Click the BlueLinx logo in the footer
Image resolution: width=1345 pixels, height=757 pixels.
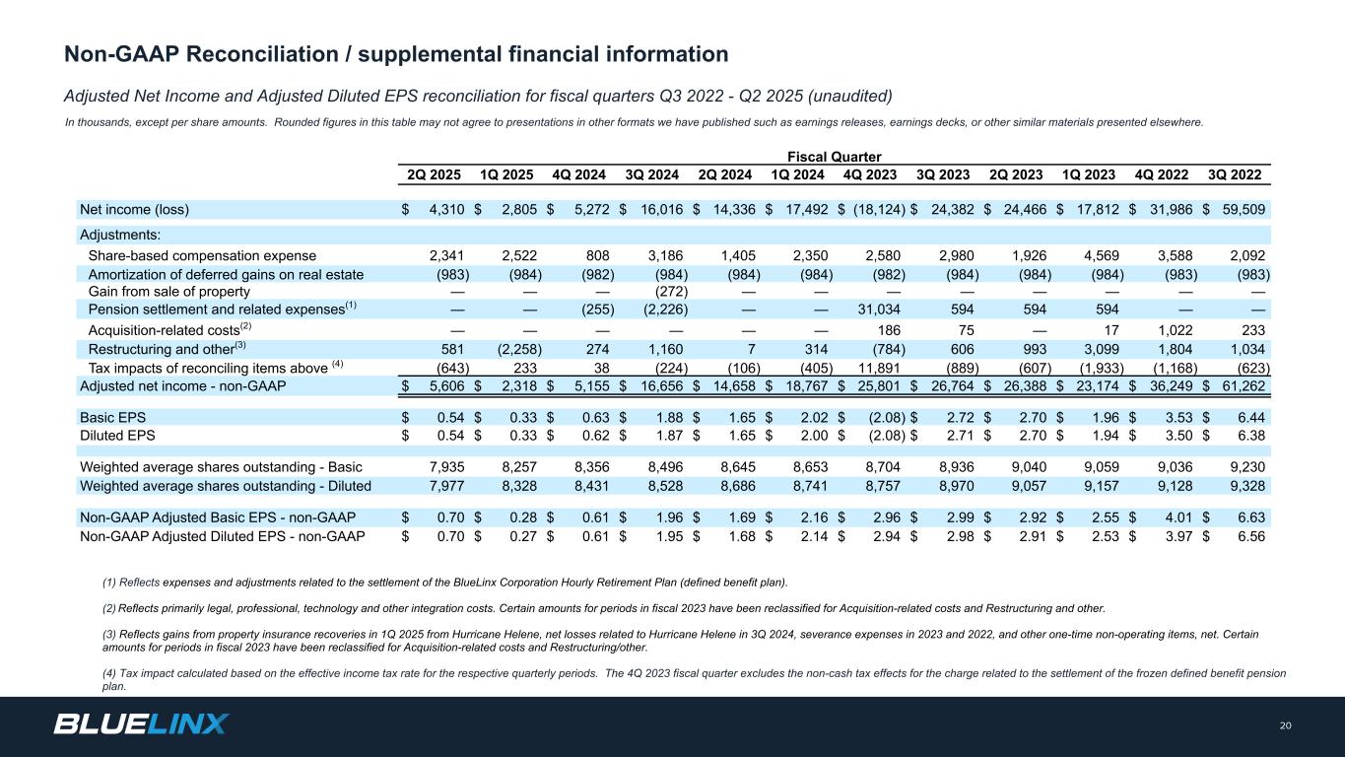pos(141,724)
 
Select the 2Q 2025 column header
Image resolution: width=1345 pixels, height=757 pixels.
pos(435,176)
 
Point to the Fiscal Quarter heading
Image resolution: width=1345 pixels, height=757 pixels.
pos(834,157)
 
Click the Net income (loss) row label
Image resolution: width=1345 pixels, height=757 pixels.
pos(134,209)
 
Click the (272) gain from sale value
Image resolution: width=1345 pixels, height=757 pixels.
pos(674,291)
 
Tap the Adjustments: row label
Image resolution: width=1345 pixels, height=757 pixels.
pos(120,235)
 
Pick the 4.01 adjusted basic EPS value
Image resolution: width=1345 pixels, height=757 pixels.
pos(1176,516)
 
